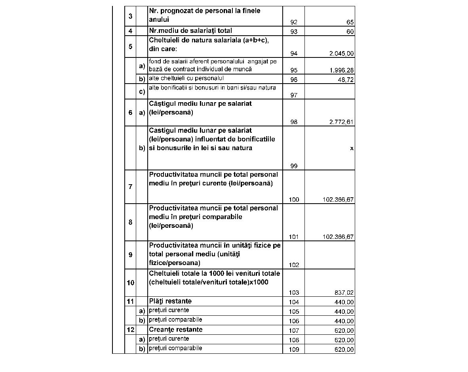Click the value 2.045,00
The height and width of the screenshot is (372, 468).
click(x=342, y=54)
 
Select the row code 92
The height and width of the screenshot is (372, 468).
click(x=293, y=23)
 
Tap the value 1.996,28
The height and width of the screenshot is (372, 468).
click(x=342, y=71)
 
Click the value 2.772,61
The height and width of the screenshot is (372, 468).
click(x=342, y=122)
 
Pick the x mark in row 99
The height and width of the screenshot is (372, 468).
click(x=352, y=148)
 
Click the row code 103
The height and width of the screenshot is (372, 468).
click(x=294, y=293)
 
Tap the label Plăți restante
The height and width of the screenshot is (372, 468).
click(x=170, y=301)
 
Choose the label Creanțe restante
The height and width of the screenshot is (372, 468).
click(x=176, y=330)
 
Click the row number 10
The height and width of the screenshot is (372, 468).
click(x=130, y=283)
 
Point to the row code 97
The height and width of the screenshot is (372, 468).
click(x=293, y=95)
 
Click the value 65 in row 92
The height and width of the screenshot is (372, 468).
click(x=350, y=23)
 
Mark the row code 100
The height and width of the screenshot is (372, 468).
click(x=294, y=200)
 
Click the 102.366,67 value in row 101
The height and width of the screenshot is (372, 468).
click(x=339, y=237)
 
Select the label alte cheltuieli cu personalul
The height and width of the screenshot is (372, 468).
click(x=186, y=78)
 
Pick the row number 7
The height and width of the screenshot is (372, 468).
click(x=130, y=187)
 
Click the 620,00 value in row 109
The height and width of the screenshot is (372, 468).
click(x=344, y=350)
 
